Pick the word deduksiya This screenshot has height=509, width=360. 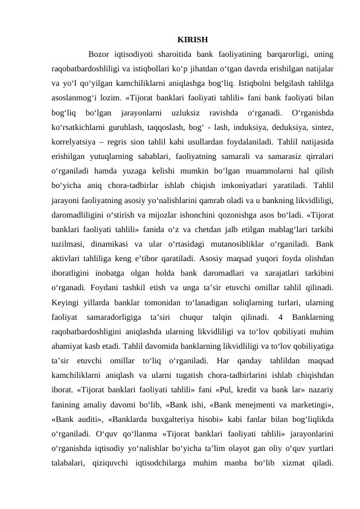[269, 127]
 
